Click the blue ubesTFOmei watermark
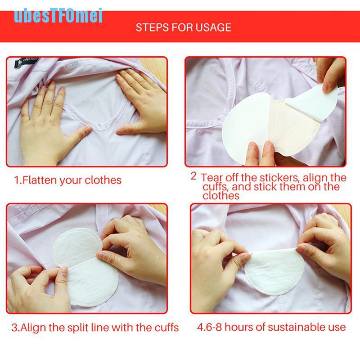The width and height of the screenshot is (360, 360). [58, 16]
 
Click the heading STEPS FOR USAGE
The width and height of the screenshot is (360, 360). [183, 27]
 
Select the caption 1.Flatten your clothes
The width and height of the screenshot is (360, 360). [68, 180]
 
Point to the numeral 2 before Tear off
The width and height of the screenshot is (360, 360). [193, 176]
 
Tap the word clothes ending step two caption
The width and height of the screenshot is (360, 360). [221, 196]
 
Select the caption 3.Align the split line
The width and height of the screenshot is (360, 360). [95, 328]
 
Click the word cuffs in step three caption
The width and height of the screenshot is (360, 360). [166, 328]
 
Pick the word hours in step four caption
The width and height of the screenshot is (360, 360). [238, 327]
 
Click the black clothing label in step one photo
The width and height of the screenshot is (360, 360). [26, 62]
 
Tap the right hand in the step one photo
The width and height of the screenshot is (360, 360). [141, 101]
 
